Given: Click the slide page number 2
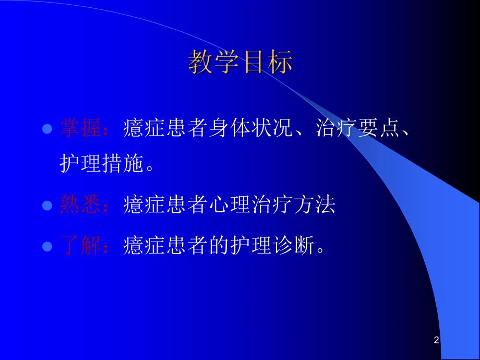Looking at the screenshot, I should coord(436,341).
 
